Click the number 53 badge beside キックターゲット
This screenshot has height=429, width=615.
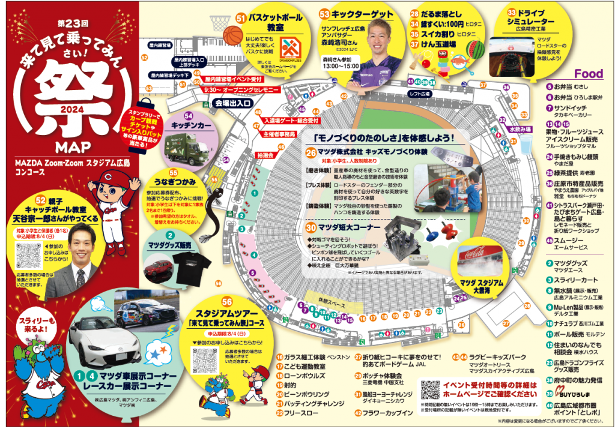click(x=325, y=13)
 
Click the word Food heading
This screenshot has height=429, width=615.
click(x=589, y=74)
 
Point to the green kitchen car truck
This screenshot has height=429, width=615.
click(x=190, y=147)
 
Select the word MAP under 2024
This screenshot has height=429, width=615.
click(x=71, y=147)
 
